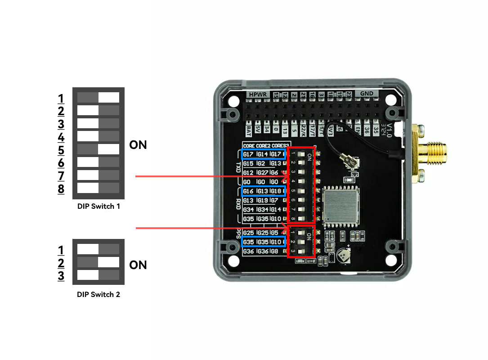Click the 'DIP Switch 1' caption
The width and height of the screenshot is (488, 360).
[98, 207]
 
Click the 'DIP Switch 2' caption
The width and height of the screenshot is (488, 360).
[98, 294]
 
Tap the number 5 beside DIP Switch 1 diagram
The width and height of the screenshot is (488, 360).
[61, 150]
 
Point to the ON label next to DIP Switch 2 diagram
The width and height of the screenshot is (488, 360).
[138, 265]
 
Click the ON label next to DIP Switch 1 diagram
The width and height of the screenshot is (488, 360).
[138, 145]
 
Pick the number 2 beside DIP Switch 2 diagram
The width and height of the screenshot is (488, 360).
[61, 263]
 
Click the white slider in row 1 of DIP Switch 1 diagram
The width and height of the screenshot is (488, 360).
[109, 97]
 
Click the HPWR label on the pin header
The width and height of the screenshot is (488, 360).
[259, 95]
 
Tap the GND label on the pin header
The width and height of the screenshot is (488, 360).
[367, 94]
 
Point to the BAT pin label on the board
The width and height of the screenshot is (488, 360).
[249, 131]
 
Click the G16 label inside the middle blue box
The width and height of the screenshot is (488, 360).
[248, 191]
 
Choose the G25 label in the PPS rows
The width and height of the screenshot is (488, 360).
[248, 233]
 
